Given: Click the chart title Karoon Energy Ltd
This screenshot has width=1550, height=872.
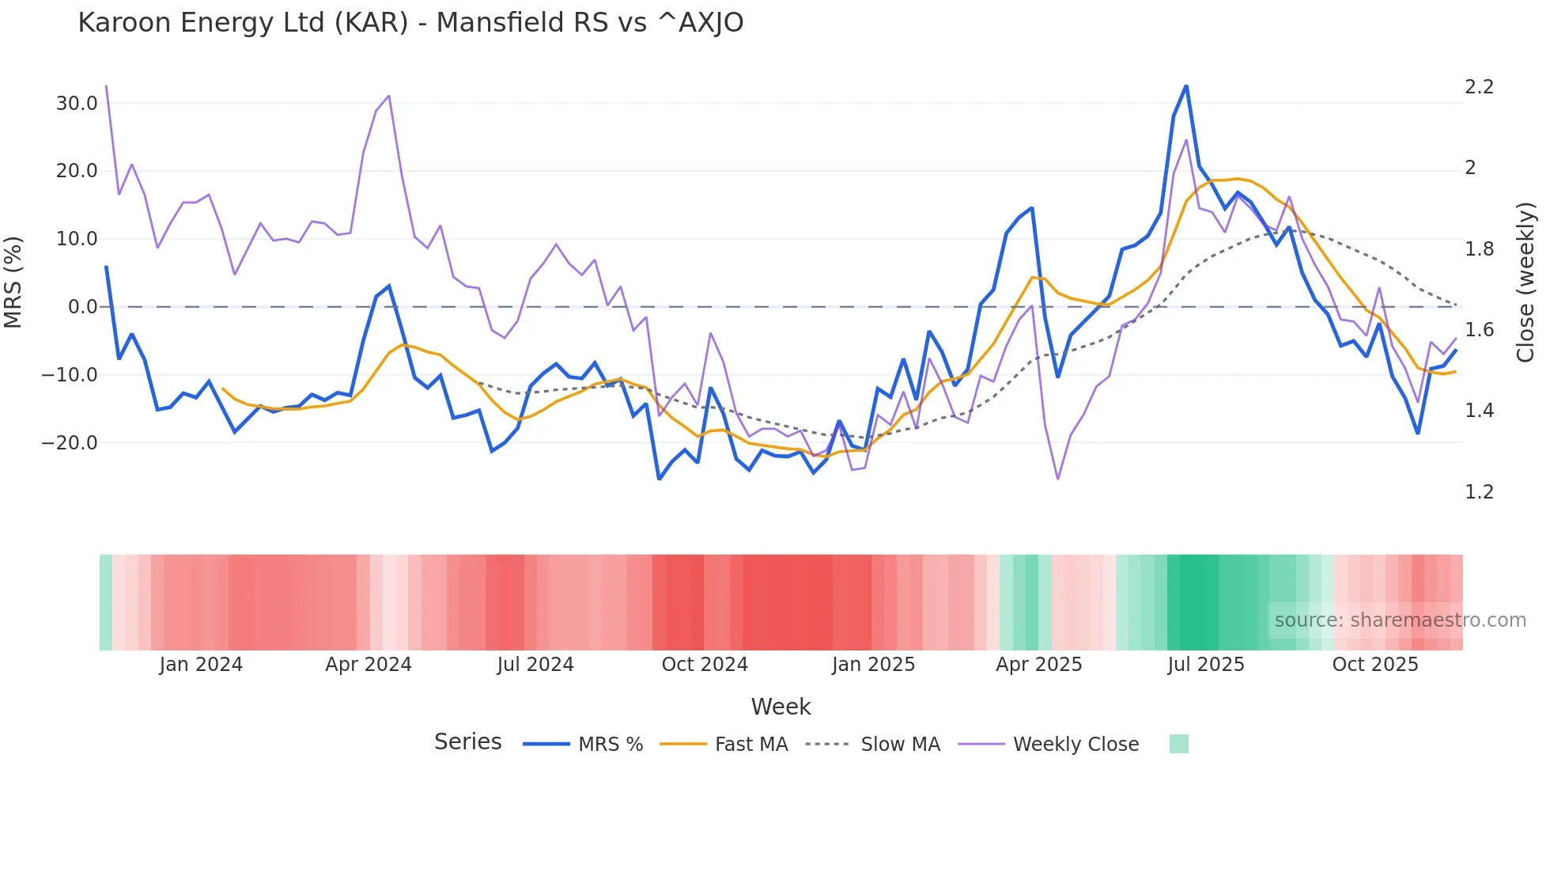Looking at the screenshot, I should (x=410, y=23).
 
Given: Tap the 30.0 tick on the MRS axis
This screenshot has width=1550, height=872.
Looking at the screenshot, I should (x=77, y=104).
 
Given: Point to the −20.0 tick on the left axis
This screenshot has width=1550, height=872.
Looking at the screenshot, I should (x=70, y=443).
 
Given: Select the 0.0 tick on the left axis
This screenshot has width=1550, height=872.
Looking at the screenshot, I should (x=82, y=307).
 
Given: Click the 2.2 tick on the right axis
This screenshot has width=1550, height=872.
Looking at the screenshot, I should (x=1479, y=87).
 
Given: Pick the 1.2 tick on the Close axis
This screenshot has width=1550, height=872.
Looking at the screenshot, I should (x=1479, y=492).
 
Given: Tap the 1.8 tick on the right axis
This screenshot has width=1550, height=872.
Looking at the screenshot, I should (x=1479, y=249).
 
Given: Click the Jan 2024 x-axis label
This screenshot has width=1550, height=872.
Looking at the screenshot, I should (x=201, y=665).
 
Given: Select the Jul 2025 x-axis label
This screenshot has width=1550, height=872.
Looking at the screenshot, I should (x=1205, y=665).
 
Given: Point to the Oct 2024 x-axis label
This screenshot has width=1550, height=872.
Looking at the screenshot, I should (x=705, y=665).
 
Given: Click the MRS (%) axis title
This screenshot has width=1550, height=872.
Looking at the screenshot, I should (x=13, y=282).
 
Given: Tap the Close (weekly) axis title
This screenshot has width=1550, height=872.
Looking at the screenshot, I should (x=1525, y=282).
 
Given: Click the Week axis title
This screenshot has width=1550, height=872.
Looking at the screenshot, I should (x=781, y=707).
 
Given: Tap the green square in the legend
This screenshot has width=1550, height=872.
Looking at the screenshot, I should (x=1178, y=744).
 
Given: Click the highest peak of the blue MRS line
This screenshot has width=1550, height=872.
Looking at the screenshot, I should (x=1186, y=86).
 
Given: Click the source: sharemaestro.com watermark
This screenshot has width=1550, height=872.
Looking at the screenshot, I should (x=1400, y=620).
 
